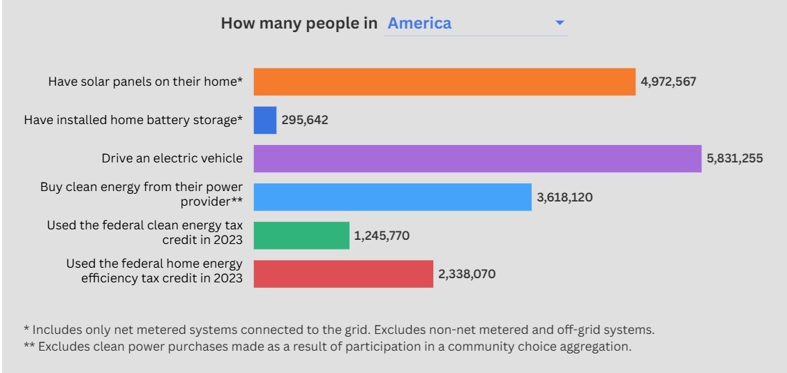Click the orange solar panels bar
444,82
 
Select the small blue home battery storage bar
265,120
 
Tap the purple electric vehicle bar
477,158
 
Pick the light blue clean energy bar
392,197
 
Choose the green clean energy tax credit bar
301,235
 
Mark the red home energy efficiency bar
343,273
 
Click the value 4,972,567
668,82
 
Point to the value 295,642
305,120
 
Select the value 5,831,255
735,158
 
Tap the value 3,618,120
564,197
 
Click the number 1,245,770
382,236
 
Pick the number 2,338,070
467,274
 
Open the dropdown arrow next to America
560,23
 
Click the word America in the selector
419,23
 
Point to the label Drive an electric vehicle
172,158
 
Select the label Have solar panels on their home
145,82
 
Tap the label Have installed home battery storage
133,120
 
